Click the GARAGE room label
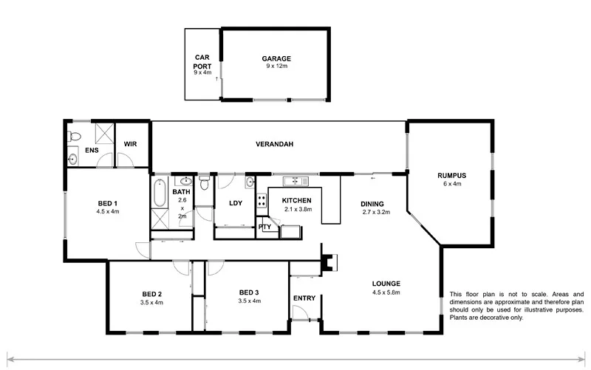[x=276, y=58]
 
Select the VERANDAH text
[x=275, y=144]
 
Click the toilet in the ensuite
[x=73, y=135]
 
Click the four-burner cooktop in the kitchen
[x=262, y=200]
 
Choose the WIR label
[x=131, y=144]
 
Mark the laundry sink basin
[x=251, y=182]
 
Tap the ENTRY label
[x=303, y=298]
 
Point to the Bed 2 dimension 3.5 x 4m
[x=151, y=303]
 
